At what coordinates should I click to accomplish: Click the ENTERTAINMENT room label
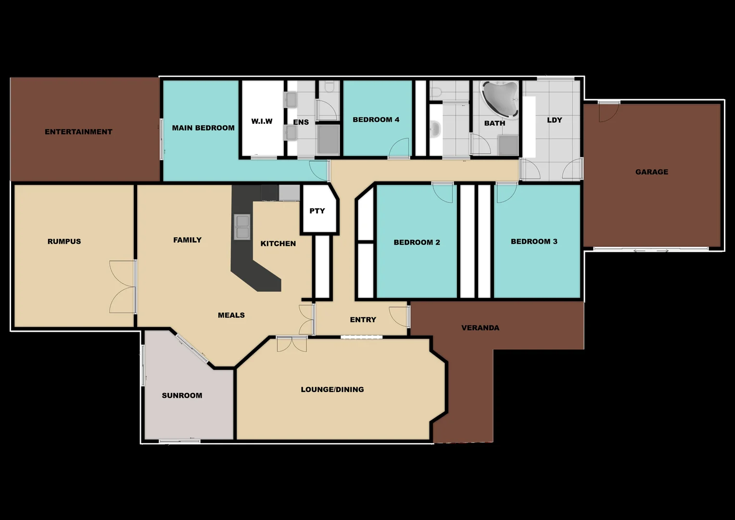pyautogui.click(x=78, y=132)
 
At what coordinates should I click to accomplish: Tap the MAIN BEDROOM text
pyautogui.click(x=203, y=128)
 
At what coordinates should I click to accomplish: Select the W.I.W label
pyautogui.click(x=262, y=121)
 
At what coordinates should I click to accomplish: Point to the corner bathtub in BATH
pyautogui.click(x=500, y=98)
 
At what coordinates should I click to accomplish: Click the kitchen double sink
pyautogui.click(x=242, y=227)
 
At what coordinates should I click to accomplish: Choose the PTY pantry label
pyautogui.click(x=317, y=211)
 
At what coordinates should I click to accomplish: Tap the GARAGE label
pyautogui.click(x=651, y=172)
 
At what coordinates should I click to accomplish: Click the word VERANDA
pyautogui.click(x=480, y=328)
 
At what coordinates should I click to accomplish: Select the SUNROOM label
pyautogui.click(x=182, y=396)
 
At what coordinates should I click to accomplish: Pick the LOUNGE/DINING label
pyautogui.click(x=332, y=390)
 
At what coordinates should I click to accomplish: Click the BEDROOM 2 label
pyautogui.click(x=417, y=242)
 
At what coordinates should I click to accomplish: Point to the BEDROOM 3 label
pyautogui.click(x=534, y=242)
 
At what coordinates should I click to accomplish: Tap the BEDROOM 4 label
pyautogui.click(x=376, y=120)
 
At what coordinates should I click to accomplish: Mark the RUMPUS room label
pyautogui.click(x=64, y=242)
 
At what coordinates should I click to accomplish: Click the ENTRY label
pyautogui.click(x=363, y=320)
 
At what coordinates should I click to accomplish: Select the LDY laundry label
pyautogui.click(x=554, y=120)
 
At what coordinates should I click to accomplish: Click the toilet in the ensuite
pyautogui.click(x=329, y=87)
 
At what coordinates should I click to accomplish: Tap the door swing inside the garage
pyautogui.click(x=608, y=113)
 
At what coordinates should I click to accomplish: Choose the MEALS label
pyautogui.click(x=231, y=315)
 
